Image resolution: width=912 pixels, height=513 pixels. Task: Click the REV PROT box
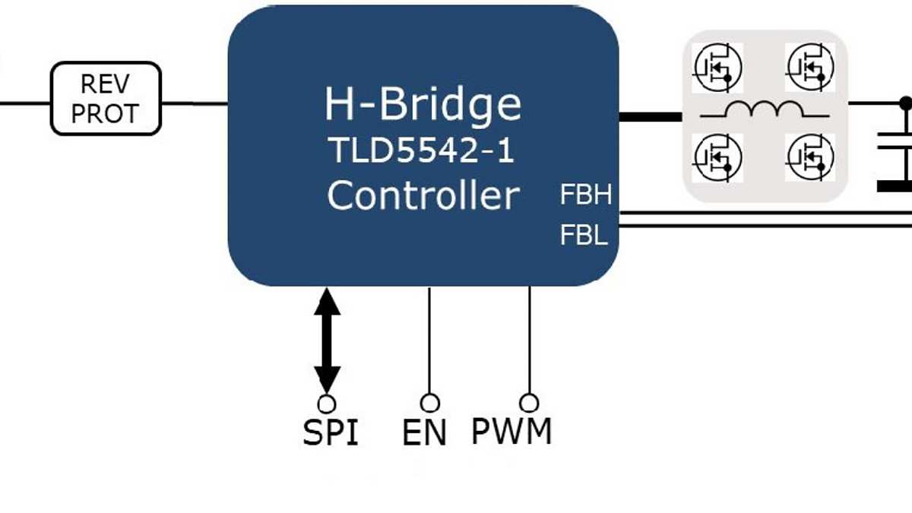point(106,99)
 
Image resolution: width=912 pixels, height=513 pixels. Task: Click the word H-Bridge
point(423,104)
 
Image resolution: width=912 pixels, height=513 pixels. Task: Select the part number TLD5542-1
point(422,151)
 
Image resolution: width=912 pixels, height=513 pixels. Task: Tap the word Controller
point(423,195)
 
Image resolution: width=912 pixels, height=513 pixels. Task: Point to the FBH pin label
point(585,196)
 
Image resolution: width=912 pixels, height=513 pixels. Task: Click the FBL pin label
point(584,236)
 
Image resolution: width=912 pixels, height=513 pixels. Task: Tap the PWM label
point(511,431)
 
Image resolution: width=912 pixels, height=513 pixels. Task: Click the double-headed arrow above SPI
point(328,339)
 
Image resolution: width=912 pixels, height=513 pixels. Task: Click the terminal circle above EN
point(429,402)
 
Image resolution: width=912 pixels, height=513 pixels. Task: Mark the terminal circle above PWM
point(529,402)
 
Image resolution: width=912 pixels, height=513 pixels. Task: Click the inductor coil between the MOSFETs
point(763,111)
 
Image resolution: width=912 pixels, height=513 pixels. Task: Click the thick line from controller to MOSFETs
point(651,117)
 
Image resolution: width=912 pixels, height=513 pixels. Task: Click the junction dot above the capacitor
point(904,102)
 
